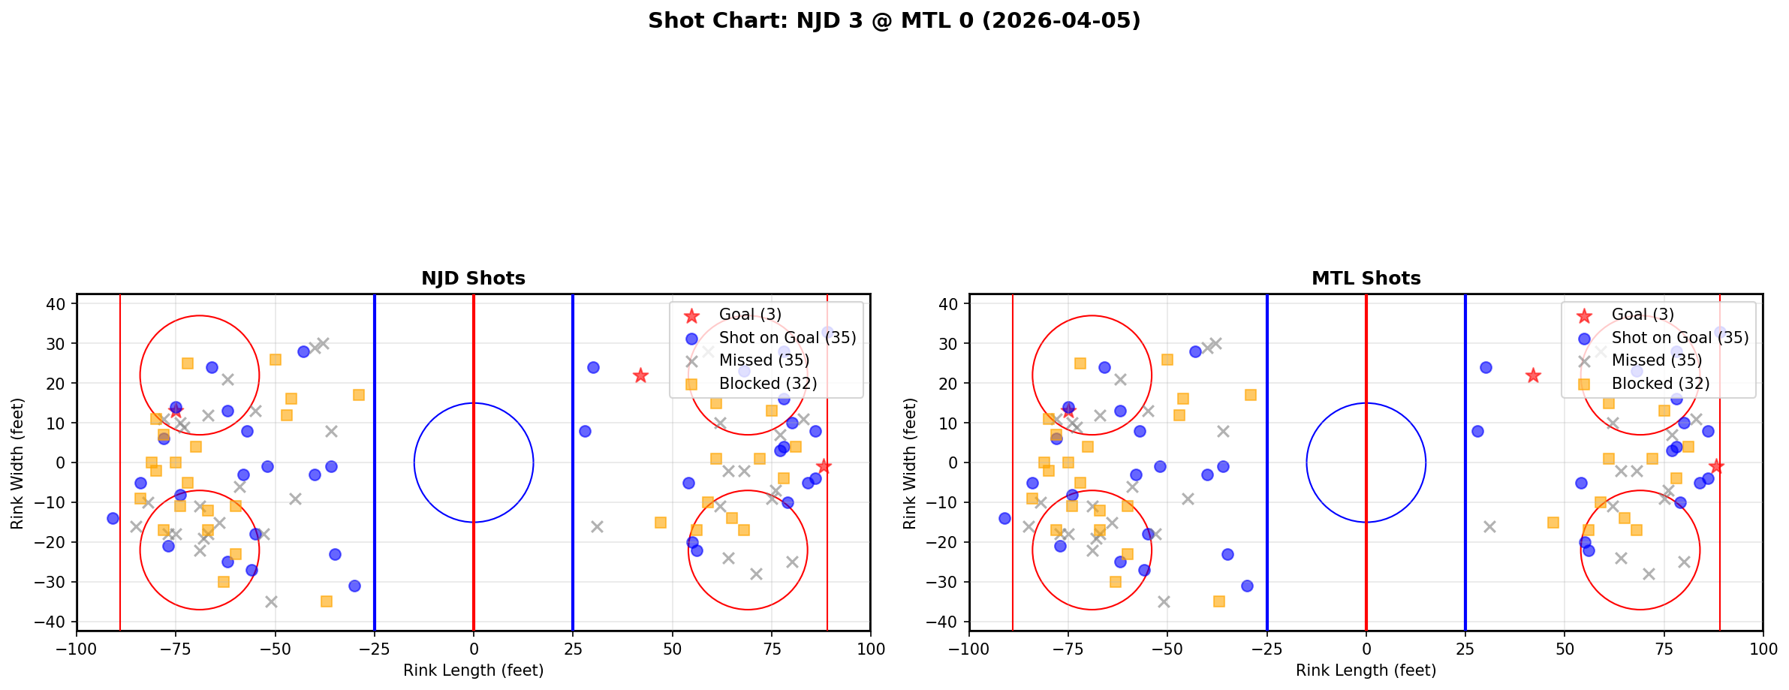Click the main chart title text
coord(894,21)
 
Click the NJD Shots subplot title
coord(473,279)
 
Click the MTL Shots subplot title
coord(1366,279)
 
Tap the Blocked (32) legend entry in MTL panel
coord(1661,384)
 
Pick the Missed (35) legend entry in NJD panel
coord(763,360)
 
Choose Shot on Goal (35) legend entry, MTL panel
coord(1680,338)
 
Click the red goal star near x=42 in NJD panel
coord(640,375)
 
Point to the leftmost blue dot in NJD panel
coord(113,518)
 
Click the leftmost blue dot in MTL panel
coord(1005,518)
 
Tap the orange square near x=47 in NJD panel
coord(661,523)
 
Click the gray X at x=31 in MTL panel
coord(1489,526)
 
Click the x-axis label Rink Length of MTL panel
coord(1366,670)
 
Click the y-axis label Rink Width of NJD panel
coord(17,463)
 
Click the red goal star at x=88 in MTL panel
coord(1716,466)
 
